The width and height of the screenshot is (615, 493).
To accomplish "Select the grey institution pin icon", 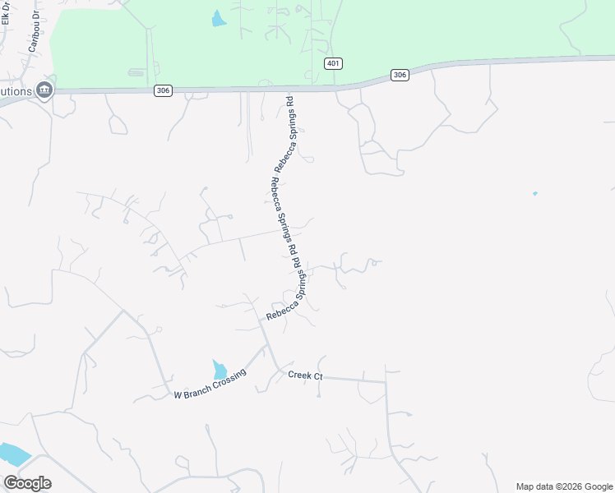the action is pyautogui.click(x=44, y=90).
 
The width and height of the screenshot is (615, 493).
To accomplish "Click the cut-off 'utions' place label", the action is pyautogui.click(x=16, y=90).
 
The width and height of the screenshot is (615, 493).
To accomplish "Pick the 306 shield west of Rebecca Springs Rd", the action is pyautogui.click(x=163, y=90).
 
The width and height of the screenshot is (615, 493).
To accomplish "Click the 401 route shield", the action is pyautogui.click(x=333, y=64).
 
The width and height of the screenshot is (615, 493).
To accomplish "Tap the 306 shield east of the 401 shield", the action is pyautogui.click(x=400, y=75).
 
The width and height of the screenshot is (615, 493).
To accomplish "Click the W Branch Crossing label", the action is pyautogui.click(x=210, y=387).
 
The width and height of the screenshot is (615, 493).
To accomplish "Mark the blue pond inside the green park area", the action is pyautogui.click(x=219, y=19).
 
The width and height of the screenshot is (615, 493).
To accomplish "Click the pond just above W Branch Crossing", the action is pyautogui.click(x=220, y=370).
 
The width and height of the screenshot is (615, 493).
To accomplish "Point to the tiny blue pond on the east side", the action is pyautogui.click(x=534, y=194).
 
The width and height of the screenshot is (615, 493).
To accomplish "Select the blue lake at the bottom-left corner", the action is pyautogui.click(x=12, y=454).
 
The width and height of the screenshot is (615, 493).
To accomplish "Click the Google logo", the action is pyautogui.click(x=27, y=483).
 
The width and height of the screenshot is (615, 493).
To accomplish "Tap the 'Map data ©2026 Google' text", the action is pyautogui.click(x=564, y=486).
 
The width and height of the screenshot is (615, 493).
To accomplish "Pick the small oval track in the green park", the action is pyautogui.click(x=136, y=72).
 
